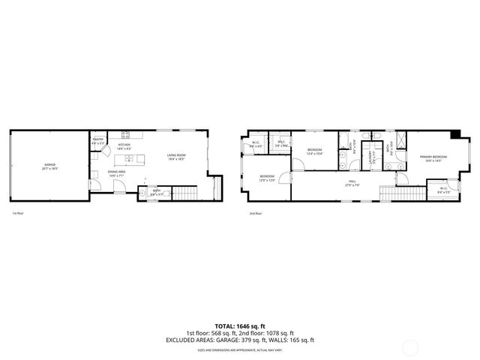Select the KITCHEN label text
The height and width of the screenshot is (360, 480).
tap(124, 147)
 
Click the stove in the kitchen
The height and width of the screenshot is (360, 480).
tap(127, 135)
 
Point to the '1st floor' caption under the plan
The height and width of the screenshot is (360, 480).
tap(18, 214)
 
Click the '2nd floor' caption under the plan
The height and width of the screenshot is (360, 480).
tap(256, 214)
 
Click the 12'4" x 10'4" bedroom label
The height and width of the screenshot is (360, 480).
tap(315, 151)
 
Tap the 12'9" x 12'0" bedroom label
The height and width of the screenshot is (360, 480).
tap(267, 178)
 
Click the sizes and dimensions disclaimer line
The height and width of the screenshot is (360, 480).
tap(239, 349)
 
